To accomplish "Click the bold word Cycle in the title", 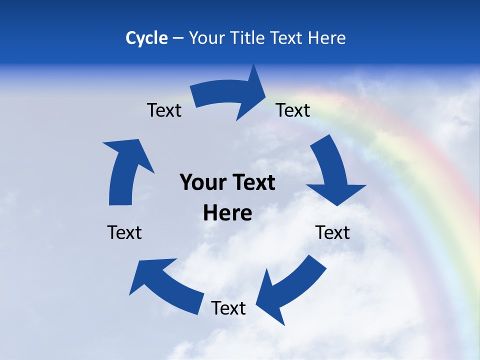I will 146,38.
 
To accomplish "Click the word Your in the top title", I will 206,38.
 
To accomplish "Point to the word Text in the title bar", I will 287,38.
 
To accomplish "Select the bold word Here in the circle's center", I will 227,213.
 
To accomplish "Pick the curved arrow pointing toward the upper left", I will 165,285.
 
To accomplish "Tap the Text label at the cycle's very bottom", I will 228,308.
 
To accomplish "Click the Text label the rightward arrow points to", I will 293,110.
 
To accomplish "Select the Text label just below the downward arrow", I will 332,232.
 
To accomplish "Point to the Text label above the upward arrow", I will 164,110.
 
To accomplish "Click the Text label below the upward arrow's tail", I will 124,232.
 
